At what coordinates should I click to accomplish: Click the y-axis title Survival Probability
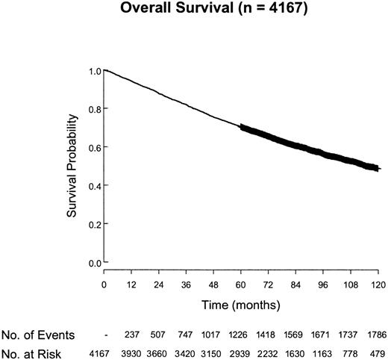click(74, 167)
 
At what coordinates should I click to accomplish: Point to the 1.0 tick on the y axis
click(92, 71)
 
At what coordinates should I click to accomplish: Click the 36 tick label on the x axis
click(187, 285)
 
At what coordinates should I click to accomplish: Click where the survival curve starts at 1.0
click(105, 70)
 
